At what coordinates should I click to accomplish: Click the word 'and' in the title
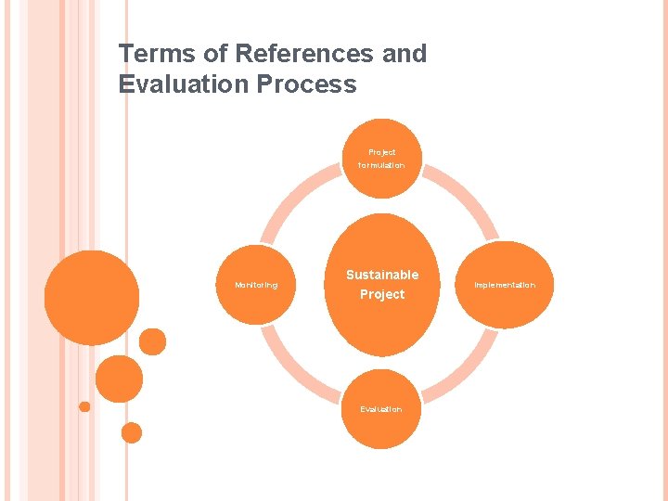pos(405,54)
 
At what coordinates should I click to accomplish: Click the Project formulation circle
pos(381,159)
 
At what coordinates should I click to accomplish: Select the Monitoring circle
pos(256,285)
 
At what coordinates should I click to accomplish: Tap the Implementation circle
pos(505,285)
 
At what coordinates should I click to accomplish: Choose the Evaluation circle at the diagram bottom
pos(381,409)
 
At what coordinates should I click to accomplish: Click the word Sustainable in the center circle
pos(382,275)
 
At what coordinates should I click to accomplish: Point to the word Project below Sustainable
pos(382,294)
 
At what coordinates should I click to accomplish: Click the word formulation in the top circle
pos(381,165)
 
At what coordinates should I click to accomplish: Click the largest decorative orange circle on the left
pos(92,297)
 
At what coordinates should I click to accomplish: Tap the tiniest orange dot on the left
pos(84,406)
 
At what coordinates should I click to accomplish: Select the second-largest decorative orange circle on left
pos(120,379)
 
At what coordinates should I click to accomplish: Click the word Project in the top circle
pos(381,152)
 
